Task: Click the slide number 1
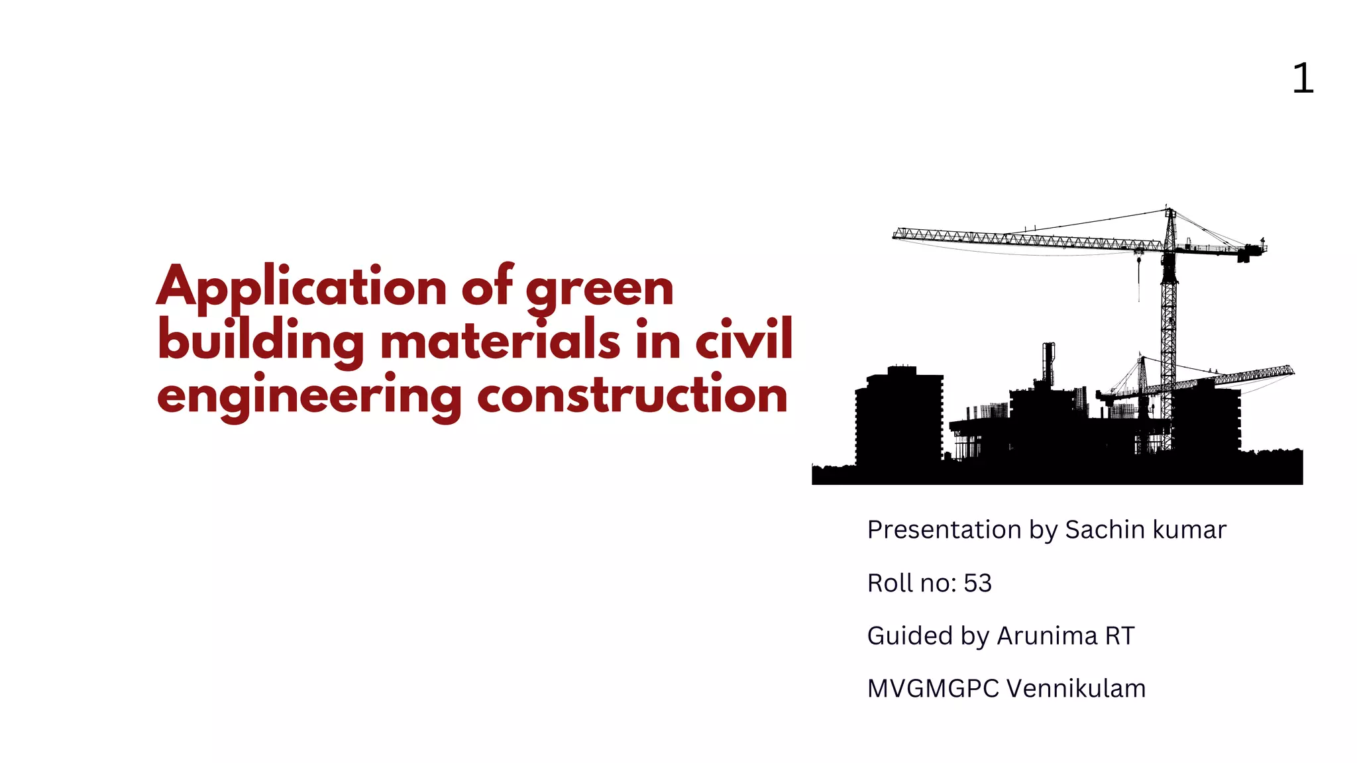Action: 1303,79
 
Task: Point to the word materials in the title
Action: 500,340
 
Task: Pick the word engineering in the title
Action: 309,396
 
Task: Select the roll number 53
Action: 977,583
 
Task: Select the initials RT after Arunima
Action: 1120,636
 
